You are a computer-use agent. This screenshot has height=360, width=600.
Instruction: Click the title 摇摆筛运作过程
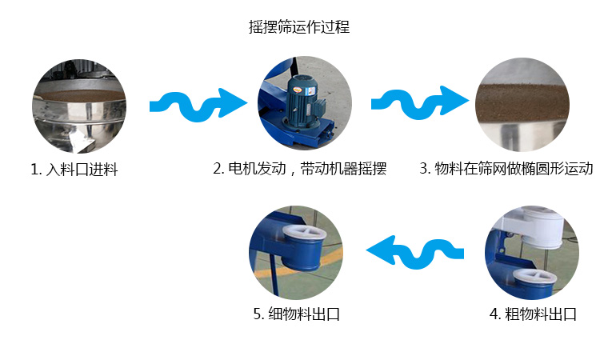pyautogui.click(x=298, y=26)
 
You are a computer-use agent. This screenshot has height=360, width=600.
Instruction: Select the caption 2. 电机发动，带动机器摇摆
pyautogui.click(x=300, y=169)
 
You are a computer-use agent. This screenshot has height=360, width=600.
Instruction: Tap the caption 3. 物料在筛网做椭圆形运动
pyautogui.click(x=506, y=169)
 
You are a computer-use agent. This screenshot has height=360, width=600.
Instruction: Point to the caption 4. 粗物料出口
pyautogui.click(x=533, y=314)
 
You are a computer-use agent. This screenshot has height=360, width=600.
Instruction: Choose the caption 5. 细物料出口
pyautogui.click(x=297, y=314)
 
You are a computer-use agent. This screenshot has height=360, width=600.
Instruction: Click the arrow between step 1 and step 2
pyautogui.click(x=198, y=102)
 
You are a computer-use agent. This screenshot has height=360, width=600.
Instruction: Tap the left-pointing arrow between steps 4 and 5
pyautogui.click(x=415, y=250)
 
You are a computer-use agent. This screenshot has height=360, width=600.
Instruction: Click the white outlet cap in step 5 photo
pyautogui.click(x=306, y=237)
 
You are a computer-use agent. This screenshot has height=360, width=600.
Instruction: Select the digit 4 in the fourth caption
pyautogui.click(x=494, y=314)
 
